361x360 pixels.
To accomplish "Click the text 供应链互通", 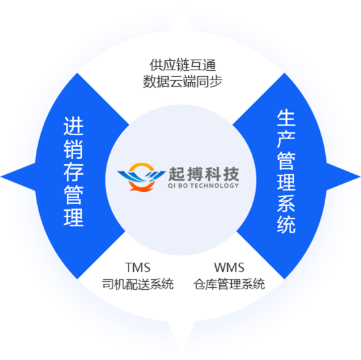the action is [183, 65].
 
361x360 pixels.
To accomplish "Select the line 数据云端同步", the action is [183, 81].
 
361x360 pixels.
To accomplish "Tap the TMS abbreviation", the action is [138, 267].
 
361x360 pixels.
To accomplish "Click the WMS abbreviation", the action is [229, 267].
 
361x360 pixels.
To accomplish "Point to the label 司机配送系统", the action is [138, 284].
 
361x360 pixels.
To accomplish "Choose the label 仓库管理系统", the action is [229, 284].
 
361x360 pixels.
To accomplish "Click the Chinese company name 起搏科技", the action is [204, 174].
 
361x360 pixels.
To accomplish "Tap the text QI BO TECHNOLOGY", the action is [203, 185].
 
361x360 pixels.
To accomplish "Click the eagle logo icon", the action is [142, 177].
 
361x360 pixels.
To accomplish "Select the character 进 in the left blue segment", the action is [74, 126].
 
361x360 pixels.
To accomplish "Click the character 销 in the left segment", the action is [74, 149].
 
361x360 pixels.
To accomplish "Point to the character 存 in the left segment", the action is [74, 172].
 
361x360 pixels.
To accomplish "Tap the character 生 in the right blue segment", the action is [286, 118].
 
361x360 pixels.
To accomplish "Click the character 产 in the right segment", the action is [286, 139].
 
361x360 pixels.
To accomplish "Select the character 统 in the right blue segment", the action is [286, 225].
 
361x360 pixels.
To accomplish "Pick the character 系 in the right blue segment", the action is [286, 203].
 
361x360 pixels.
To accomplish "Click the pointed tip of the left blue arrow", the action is [1, 177].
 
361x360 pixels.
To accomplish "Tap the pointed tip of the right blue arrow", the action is [360, 177].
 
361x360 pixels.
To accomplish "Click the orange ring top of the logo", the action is [142, 165].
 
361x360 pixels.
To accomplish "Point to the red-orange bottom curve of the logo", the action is [142, 187].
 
